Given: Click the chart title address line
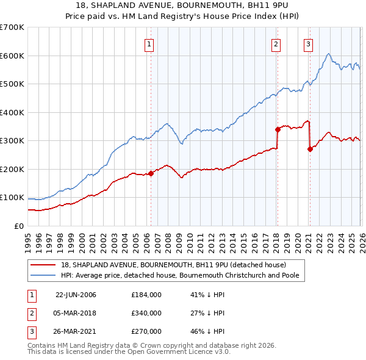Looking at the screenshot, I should [x=183, y=5].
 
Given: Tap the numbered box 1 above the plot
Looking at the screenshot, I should [x=149, y=43].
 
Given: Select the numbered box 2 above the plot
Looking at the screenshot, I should [x=276, y=43].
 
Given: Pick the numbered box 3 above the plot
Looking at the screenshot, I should [x=309, y=43].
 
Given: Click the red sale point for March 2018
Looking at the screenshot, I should [x=277, y=129].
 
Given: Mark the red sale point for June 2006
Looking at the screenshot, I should [x=151, y=173].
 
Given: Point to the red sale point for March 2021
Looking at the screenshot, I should [x=310, y=149].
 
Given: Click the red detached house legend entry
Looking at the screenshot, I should [x=173, y=265].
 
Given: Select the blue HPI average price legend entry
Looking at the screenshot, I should [x=182, y=275].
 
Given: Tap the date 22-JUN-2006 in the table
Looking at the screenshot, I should [x=76, y=295].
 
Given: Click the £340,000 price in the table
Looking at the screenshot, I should [x=146, y=313].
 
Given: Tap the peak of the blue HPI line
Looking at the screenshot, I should [x=328, y=54].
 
